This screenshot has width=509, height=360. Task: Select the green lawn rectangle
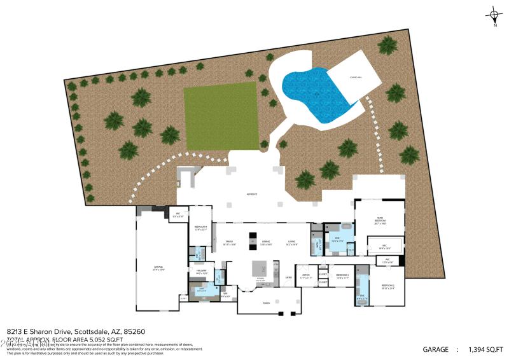[221, 116]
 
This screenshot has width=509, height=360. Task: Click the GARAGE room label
[158, 267]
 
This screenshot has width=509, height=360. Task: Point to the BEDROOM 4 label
[200, 228]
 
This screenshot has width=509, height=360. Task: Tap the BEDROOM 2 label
[388, 286]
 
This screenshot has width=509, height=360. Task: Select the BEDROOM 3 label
[343, 276]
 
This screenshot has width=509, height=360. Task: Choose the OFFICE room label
[305, 275]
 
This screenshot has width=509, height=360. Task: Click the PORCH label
[266, 303]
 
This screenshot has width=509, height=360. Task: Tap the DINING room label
[265, 242]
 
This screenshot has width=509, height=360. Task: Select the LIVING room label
[291, 242]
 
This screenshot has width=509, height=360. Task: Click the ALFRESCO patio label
[252, 194]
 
